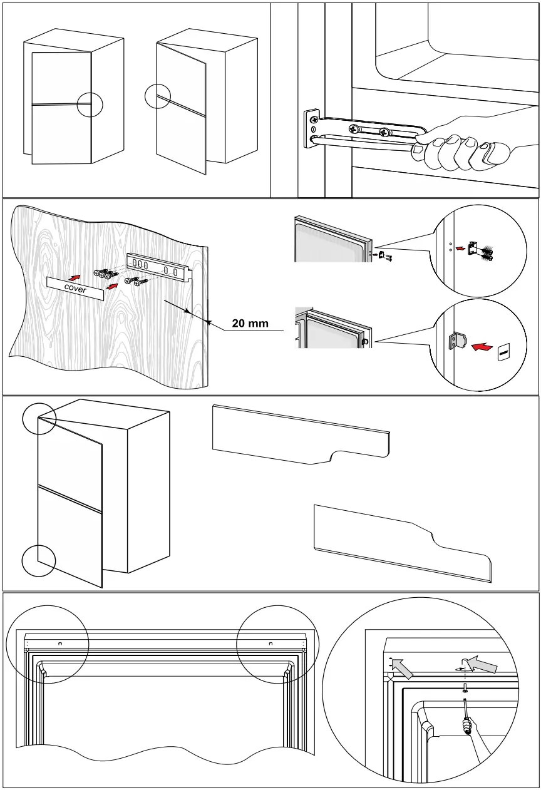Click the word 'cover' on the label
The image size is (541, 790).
click(x=75, y=288)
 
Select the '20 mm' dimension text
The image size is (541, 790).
click(x=250, y=324)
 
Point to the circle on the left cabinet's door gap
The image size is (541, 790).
click(x=90, y=104)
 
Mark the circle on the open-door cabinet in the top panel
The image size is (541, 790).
click(x=157, y=97)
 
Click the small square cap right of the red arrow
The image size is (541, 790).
click(x=505, y=353)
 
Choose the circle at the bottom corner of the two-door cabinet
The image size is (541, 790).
click(x=39, y=560)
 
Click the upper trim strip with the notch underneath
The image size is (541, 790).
click(x=301, y=434)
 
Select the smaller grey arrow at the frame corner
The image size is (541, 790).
click(x=401, y=670)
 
